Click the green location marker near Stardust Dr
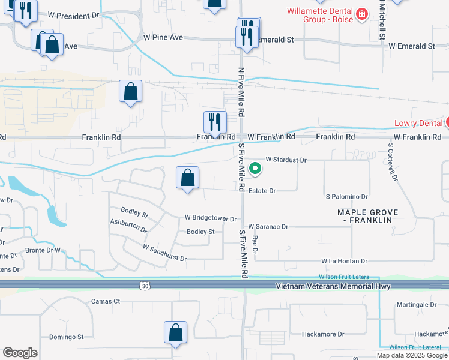(255, 169)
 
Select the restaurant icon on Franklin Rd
(215, 122)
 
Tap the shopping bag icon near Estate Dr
(188, 178)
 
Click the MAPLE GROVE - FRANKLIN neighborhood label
(364, 216)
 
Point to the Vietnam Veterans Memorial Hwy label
(333, 286)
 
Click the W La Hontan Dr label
(344, 261)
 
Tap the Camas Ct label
(105, 301)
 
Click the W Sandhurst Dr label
(164, 253)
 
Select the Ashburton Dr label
(128, 225)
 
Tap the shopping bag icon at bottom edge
(175, 332)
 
